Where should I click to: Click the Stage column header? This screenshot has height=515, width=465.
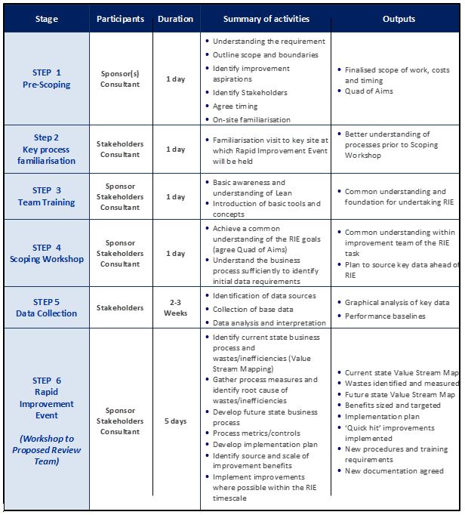[x=46, y=19]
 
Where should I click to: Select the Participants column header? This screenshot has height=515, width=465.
[x=120, y=19]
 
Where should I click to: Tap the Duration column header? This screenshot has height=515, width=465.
[x=175, y=19]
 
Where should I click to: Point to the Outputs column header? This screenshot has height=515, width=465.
[x=399, y=19]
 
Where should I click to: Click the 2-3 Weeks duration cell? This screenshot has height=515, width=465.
[x=175, y=307]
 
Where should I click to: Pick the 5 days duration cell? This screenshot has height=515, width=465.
[x=175, y=421]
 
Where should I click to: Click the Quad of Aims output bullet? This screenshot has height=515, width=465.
[x=368, y=91]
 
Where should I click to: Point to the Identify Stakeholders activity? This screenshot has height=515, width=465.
[x=250, y=93]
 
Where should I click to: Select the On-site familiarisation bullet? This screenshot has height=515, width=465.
[x=251, y=119]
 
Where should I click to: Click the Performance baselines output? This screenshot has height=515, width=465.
[x=385, y=316]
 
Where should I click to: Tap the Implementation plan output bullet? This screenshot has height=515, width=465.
[x=382, y=415]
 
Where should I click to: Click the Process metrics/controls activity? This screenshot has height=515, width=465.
[x=256, y=433]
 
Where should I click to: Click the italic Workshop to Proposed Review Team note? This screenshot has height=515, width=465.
[x=46, y=450]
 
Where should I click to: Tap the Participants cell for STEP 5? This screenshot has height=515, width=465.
[x=120, y=307]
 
